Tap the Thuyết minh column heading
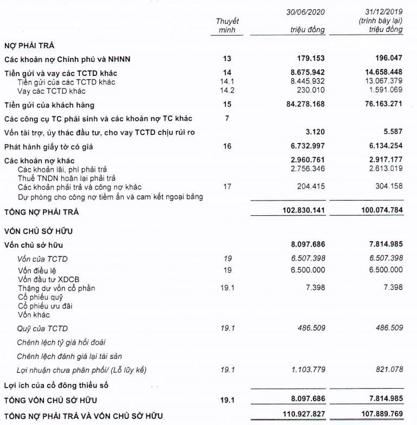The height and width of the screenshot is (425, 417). tap(227, 25)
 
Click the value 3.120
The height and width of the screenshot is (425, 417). tap(315, 132)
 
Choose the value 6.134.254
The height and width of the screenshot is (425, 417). tap(382, 146)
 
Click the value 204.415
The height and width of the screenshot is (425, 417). tap(310, 187)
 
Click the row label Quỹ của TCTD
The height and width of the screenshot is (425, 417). tap(43, 329)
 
